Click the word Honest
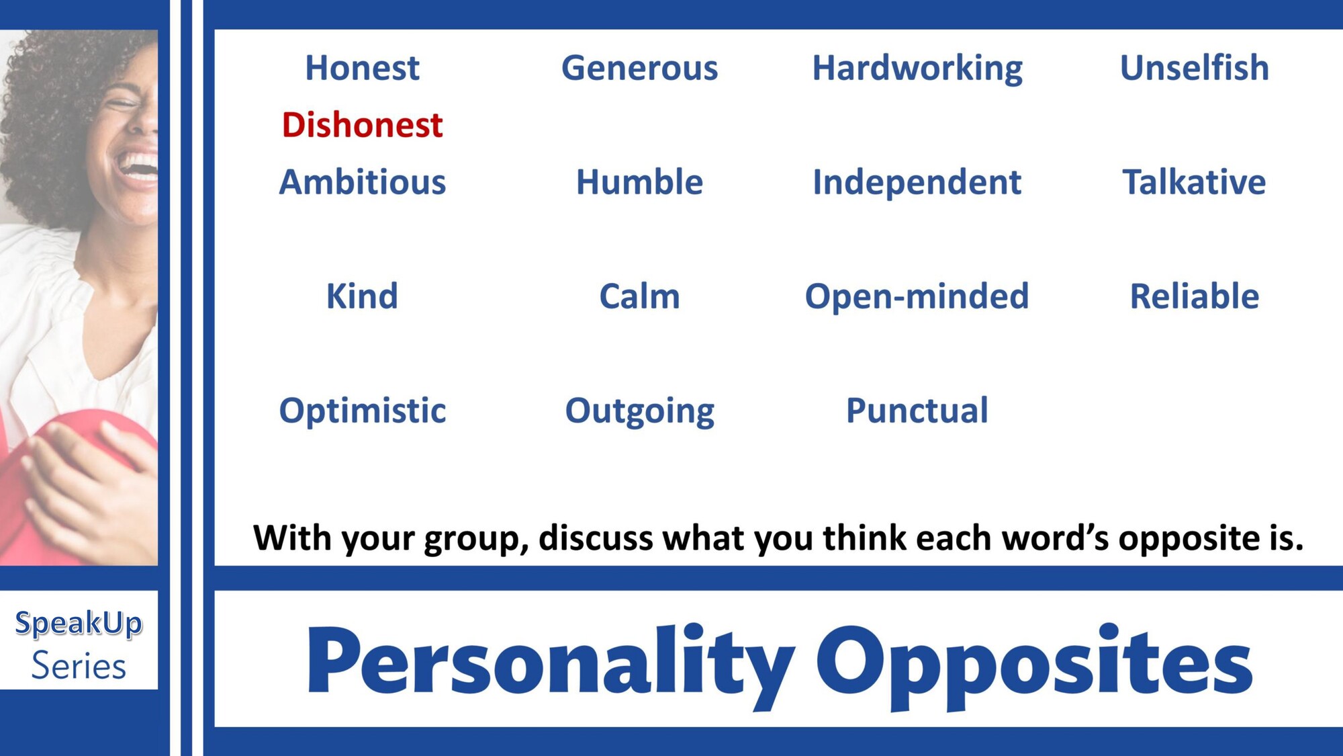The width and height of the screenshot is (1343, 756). (363, 68)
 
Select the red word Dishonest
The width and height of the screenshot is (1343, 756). (363, 125)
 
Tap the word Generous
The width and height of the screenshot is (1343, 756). (640, 68)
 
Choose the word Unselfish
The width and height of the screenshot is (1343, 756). (1195, 67)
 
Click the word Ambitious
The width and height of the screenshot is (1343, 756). (363, 182)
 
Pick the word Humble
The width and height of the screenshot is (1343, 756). (640, 182)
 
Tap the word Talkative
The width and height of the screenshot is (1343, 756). (1195, 182)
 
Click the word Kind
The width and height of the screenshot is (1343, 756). (363, 296)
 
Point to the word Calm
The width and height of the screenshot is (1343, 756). (640, 296)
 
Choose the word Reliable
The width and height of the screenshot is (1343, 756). (1195, 296)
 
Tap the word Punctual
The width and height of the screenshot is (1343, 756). (917, 411)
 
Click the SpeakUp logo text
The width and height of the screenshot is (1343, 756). (79, 624)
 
